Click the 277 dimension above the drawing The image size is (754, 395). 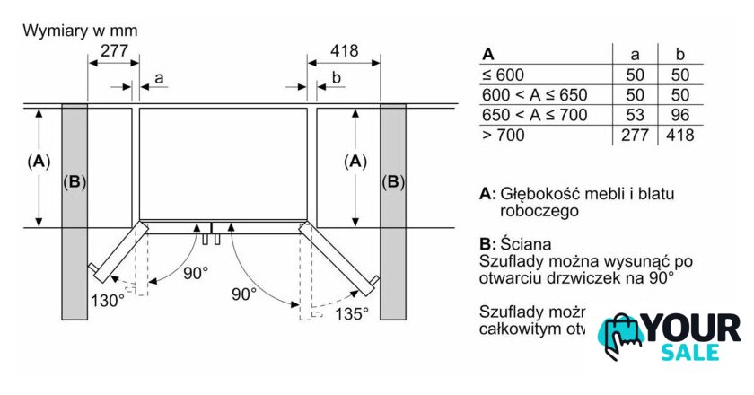113,51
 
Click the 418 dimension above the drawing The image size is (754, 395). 344,51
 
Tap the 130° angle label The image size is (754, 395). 107,301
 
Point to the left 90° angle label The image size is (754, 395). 195,272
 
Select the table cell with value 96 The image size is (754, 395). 679,114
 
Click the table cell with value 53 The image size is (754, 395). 636,114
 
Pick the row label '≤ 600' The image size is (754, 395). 503,75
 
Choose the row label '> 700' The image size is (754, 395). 503,135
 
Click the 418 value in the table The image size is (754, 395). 680,135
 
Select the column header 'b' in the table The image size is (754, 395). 679,54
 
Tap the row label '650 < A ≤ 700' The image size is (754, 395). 534,114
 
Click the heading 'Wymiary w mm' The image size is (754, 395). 80,30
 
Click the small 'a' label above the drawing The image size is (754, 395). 159,78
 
